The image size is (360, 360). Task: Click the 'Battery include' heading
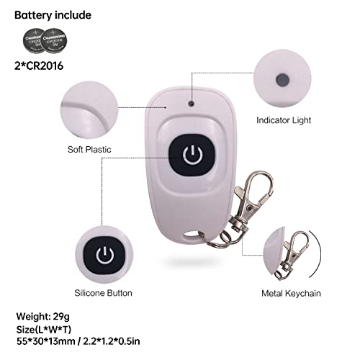point(53,15)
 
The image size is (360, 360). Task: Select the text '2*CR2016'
point(39,66)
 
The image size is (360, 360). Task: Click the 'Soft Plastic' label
point(89,150)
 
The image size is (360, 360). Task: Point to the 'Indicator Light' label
point(284,120)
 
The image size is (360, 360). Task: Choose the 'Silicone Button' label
point(103,293)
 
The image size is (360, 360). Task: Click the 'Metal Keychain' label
point(291,293)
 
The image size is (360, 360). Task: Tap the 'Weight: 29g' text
point(43,317)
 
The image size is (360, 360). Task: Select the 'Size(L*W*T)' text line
point(44,330)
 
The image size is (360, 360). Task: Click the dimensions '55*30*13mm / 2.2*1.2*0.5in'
point(78,341)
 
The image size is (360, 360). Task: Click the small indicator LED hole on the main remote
point(192,104)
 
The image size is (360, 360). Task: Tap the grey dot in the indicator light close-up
point(282,80)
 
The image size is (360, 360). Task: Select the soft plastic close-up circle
point(89,109)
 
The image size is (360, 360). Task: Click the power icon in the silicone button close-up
point(105,256)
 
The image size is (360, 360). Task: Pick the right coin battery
point(54,41)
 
